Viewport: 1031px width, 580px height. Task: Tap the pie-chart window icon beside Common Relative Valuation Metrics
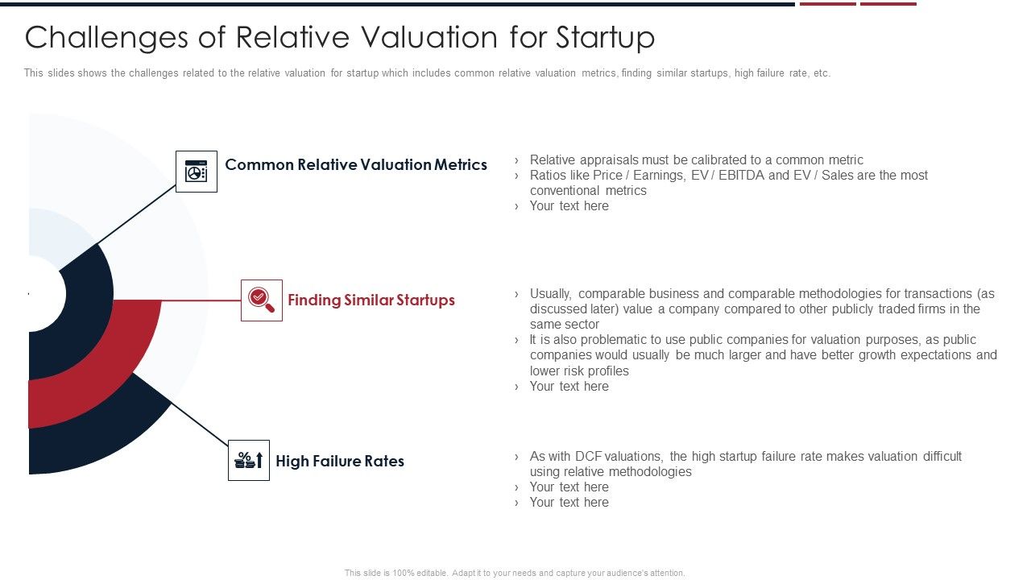coord(197,172)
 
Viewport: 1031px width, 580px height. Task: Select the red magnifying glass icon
coord(261,300)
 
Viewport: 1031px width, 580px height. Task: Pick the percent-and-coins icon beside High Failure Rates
coord(248,461)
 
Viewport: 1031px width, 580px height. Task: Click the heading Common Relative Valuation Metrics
coord(356,165)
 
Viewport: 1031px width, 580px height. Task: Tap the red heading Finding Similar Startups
coord(371,300)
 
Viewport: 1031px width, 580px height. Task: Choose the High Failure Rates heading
coord(340,462)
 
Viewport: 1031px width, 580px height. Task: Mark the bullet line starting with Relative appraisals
coord(696,160)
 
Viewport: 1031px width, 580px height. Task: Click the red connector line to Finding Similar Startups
coord(201,300)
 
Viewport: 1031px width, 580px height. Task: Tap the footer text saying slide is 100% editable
coord(515,574)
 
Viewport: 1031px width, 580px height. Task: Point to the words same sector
coord(565,325)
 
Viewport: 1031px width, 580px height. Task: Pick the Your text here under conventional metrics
coord(569,206)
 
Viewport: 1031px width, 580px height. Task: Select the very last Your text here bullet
coord(569,503)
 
